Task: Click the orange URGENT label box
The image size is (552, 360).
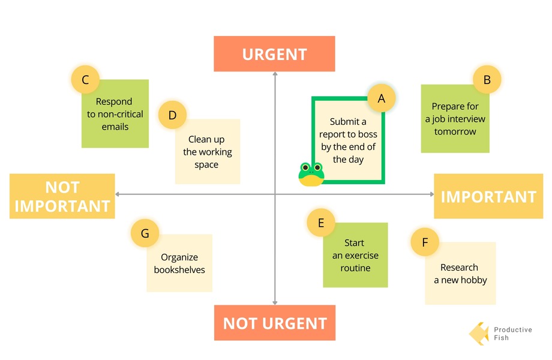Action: [274, 54]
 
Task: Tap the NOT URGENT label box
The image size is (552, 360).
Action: [275, 323]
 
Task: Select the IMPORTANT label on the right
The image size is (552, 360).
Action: [488, 196]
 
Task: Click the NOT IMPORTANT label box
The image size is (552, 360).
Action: [62, 196]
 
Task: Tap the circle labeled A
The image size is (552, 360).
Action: [381, 98]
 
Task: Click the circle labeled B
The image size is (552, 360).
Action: [487, 80]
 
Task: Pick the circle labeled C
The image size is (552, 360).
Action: [85, 80]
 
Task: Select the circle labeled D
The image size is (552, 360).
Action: [172, 115]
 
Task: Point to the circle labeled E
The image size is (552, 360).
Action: [321, 223]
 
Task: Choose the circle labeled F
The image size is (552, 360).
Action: [425, 242]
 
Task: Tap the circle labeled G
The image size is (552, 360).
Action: [145, 233]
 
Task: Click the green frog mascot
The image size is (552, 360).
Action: [311, 174]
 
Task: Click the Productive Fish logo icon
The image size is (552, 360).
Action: [479, 333]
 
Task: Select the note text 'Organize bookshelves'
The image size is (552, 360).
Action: [179, 263]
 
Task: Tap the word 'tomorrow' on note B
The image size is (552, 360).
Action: [455, 131]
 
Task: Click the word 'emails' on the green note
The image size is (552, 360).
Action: [115, 127]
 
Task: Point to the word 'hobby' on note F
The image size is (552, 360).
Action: [474, 280]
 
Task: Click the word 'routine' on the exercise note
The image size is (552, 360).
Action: [355, 268]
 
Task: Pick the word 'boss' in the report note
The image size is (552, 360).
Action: [368, 134]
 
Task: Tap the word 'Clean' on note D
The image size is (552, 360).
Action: [199, 139]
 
